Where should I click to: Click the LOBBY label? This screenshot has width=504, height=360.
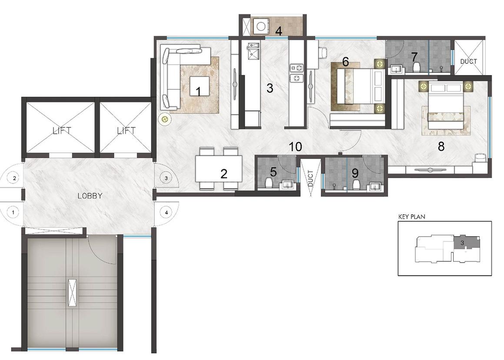(90, 196)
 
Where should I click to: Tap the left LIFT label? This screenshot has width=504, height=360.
(62, 130)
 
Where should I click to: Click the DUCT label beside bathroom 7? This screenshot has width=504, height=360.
(468, 62)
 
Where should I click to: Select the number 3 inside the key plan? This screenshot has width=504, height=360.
(462, 242)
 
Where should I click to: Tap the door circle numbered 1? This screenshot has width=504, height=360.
(13, 212)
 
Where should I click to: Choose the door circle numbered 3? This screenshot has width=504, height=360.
(166, 178)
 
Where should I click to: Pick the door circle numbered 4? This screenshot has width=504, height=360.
(166, 212)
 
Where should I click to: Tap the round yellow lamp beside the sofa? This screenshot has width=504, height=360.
(165, 119)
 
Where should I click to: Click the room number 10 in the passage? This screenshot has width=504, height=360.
(295, 147)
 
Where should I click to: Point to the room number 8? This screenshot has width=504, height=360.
(441, 147)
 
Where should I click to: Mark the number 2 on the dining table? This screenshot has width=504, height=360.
(224, 174)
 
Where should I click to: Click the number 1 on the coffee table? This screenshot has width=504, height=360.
(199, 91)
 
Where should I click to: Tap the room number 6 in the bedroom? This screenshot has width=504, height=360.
(345, 62)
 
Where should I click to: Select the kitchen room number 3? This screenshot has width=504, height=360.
(270, 88)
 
